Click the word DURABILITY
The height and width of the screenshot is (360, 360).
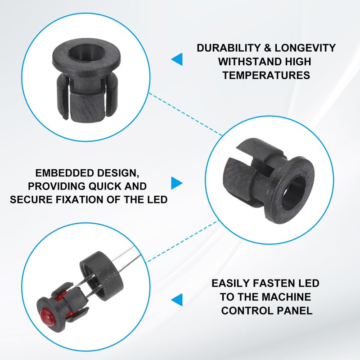(229, 48)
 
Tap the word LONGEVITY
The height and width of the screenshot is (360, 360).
(306, 48)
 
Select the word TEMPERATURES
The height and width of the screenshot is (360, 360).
(266, 75)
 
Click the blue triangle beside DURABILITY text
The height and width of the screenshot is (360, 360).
(177, 59)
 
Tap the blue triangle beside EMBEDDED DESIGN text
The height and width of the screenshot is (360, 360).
(177, 183)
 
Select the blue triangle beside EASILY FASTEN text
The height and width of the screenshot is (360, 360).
(177, 300)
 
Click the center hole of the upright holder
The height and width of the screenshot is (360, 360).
(86, 52)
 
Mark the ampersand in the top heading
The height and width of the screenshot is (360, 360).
(268, 48)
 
